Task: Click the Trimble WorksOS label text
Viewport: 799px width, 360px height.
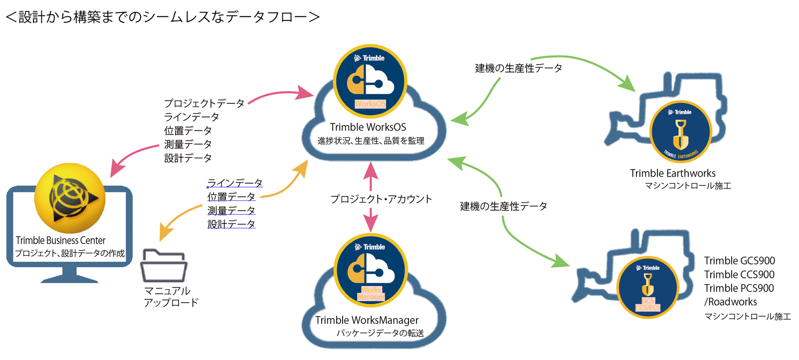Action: [x=368, y=127]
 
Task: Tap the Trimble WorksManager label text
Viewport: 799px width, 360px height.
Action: [x=367, y=320]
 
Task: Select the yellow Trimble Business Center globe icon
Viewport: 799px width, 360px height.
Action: [x=70, y=198]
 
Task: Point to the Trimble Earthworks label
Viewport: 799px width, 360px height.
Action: [x=672, y=173]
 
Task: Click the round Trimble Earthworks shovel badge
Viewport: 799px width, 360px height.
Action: [x=681, y=132]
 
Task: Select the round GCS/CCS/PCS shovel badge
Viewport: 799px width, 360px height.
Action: [x=647, y=287]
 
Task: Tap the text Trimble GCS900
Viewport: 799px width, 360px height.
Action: [x=739, y=260]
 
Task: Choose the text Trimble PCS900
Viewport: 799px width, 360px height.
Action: [x=739, y=288]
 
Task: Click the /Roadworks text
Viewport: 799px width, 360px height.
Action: [x=730, y=302]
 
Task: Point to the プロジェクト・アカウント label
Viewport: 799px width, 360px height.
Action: [x=381, y=199]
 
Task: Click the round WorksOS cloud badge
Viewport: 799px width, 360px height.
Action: [x=370, y=81]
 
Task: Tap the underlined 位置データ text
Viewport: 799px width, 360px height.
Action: [x=231, y=196]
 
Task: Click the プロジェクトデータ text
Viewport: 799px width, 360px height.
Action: [x=204, y=103]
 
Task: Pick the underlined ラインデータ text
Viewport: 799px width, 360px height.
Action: [x=234, y=183]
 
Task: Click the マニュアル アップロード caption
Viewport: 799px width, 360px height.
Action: [x=171, y=297]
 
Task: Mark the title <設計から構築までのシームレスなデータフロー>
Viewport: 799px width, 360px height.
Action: [x=163, y=17]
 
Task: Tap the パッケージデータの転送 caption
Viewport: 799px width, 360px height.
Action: [x=380, y=333]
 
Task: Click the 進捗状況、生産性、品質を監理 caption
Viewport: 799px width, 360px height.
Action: [x=371, y=141]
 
